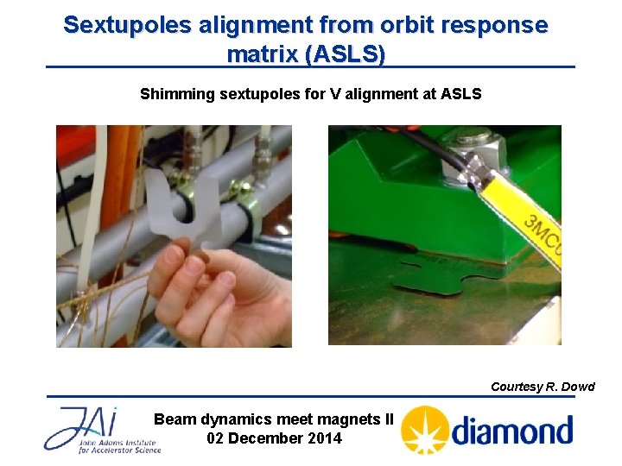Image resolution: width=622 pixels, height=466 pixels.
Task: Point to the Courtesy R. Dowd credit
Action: [543, 387]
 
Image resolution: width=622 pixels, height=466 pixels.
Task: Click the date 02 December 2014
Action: [274, 438]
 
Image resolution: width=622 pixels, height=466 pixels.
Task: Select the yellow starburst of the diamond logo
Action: [424, 430]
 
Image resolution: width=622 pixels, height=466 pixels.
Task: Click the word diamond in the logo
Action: [512, 430]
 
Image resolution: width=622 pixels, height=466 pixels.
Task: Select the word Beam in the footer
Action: [175, 419]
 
